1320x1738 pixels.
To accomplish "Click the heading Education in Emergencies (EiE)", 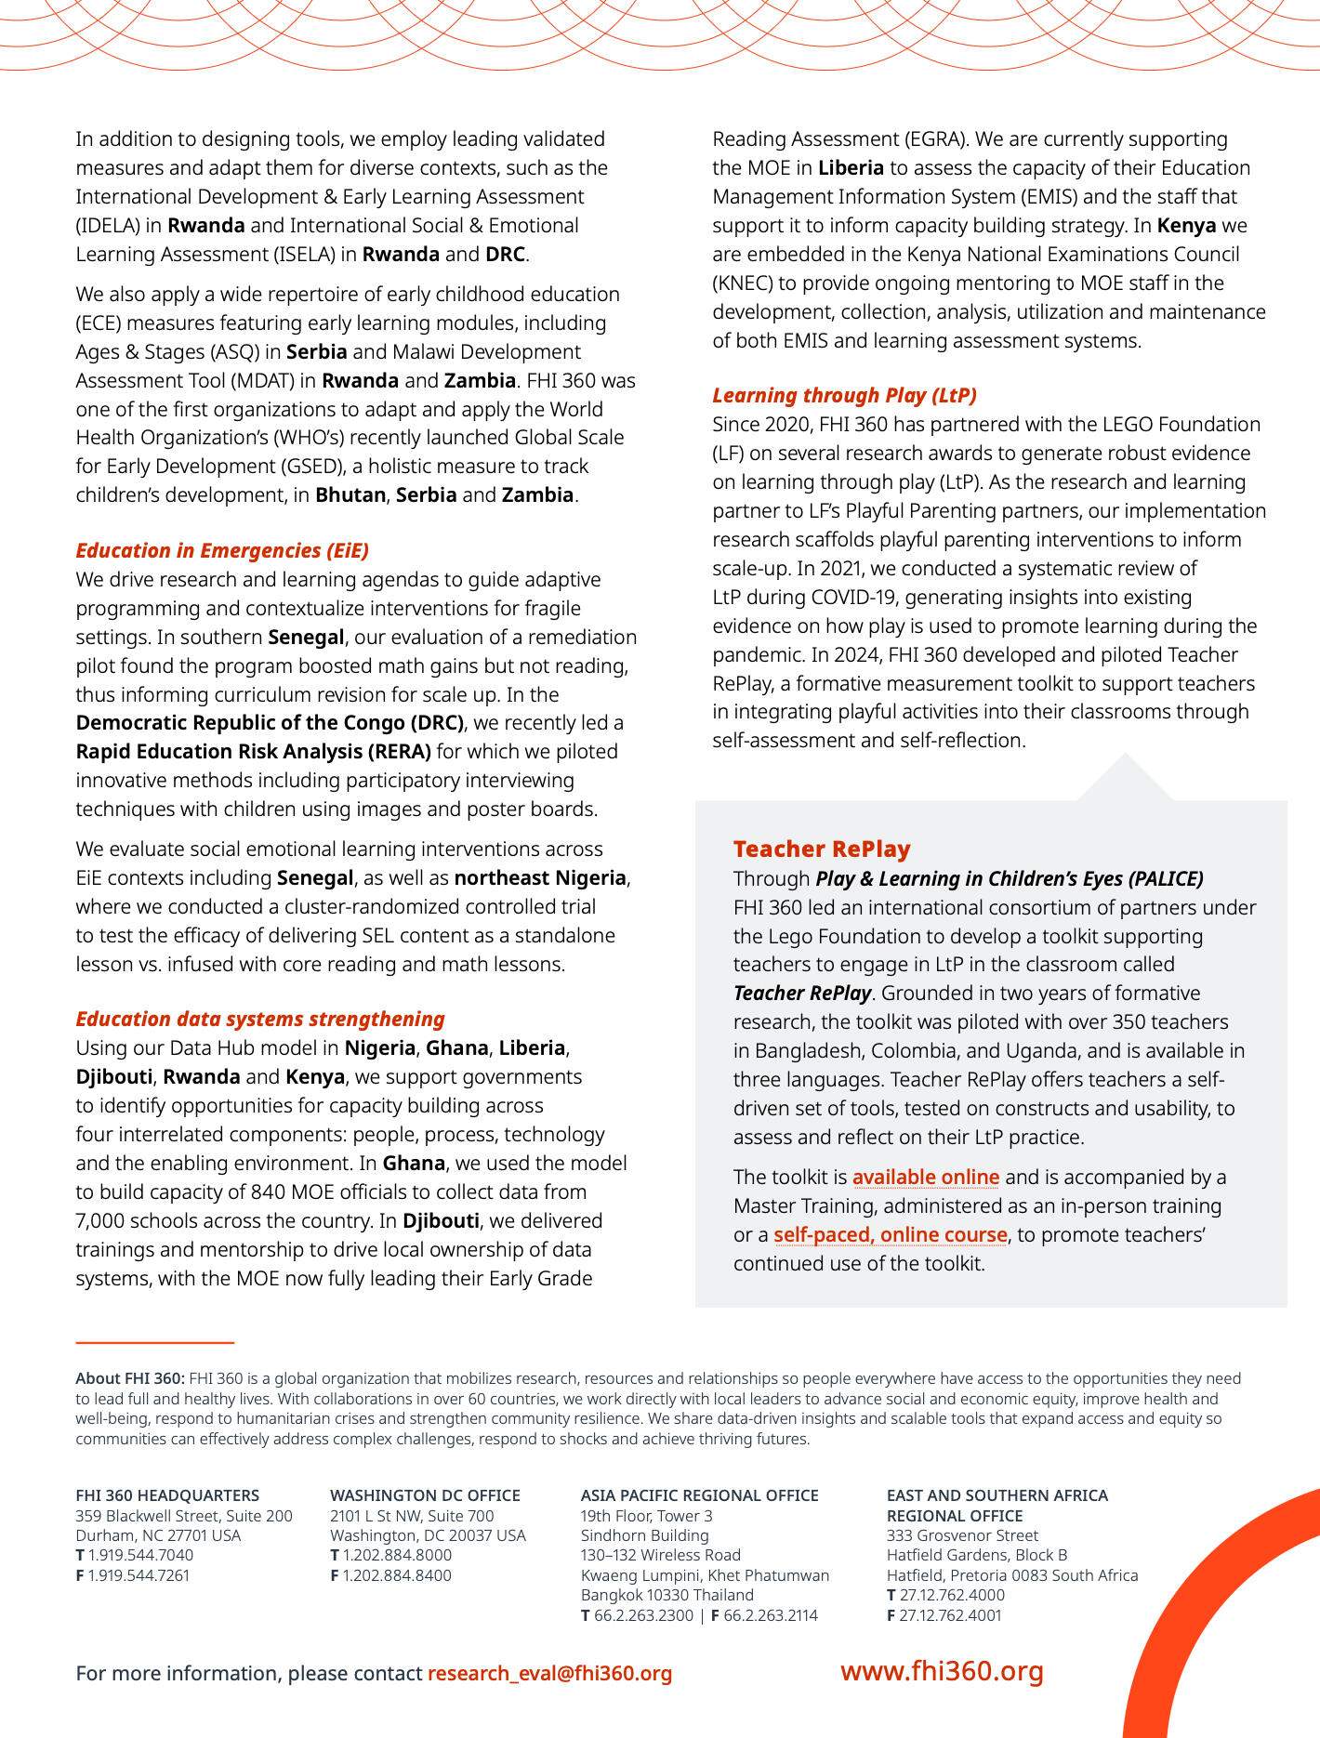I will pos(222,550).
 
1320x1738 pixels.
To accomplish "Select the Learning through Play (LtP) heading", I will pos(844,395).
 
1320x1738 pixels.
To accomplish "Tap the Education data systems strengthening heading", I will pos(260,1019).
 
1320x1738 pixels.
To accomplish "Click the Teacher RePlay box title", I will pos(822,849).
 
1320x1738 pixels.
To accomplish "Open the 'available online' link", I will pos(926,1177).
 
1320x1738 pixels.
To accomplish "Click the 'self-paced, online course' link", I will pos(891,1234).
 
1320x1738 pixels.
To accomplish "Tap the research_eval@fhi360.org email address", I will pos(549,1673).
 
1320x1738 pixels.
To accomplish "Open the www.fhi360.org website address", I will pos(942,1670).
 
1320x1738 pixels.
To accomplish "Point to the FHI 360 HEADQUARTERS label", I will pos(167,1495).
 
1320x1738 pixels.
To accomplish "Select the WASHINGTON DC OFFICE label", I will pos(425,1495).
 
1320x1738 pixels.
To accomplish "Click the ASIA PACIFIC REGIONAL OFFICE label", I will pos(699,1495).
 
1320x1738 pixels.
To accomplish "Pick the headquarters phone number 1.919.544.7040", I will pos(140,1555).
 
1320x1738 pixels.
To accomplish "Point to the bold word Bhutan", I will pos(350,494).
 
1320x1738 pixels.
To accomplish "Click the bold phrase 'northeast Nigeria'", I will pos(540,877).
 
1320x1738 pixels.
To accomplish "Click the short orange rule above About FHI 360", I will pos(154,1342).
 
